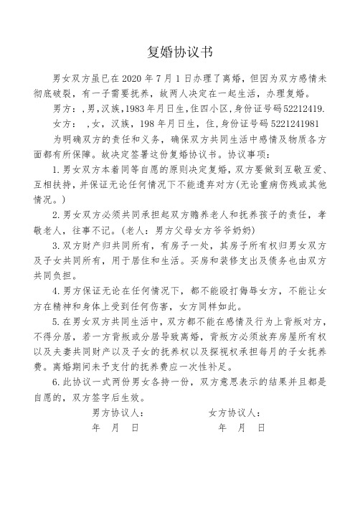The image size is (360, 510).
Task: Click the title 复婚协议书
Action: pos(179,52)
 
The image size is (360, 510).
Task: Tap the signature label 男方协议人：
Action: pos(118,413)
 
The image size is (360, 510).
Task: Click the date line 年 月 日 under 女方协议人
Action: pos(241,428)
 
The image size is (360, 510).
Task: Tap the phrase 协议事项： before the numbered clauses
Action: pos(251,153)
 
